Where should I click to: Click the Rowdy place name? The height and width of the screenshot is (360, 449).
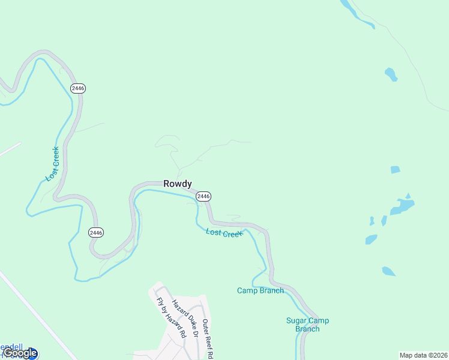coord(177,184)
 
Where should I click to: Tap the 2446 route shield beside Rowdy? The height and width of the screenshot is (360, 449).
coord(203,196)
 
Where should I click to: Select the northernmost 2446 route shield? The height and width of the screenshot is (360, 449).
coord(78,88)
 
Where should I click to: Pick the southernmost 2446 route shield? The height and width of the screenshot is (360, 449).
coord(96,232)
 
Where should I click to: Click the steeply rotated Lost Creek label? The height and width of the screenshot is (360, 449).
coord(53,164)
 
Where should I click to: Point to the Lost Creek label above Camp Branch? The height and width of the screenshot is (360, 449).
coord(224,233)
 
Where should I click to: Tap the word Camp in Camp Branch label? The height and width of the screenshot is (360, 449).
coord(247,291)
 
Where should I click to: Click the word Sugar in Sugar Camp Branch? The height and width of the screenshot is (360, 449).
coord(297,320)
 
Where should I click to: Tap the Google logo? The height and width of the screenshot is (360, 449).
coord(19,353)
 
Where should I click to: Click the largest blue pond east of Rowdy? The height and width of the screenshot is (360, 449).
coord(402,206)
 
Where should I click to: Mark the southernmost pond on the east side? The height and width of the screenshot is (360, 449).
coord(388,271)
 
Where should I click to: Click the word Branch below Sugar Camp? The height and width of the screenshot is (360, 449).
coord(307,329)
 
